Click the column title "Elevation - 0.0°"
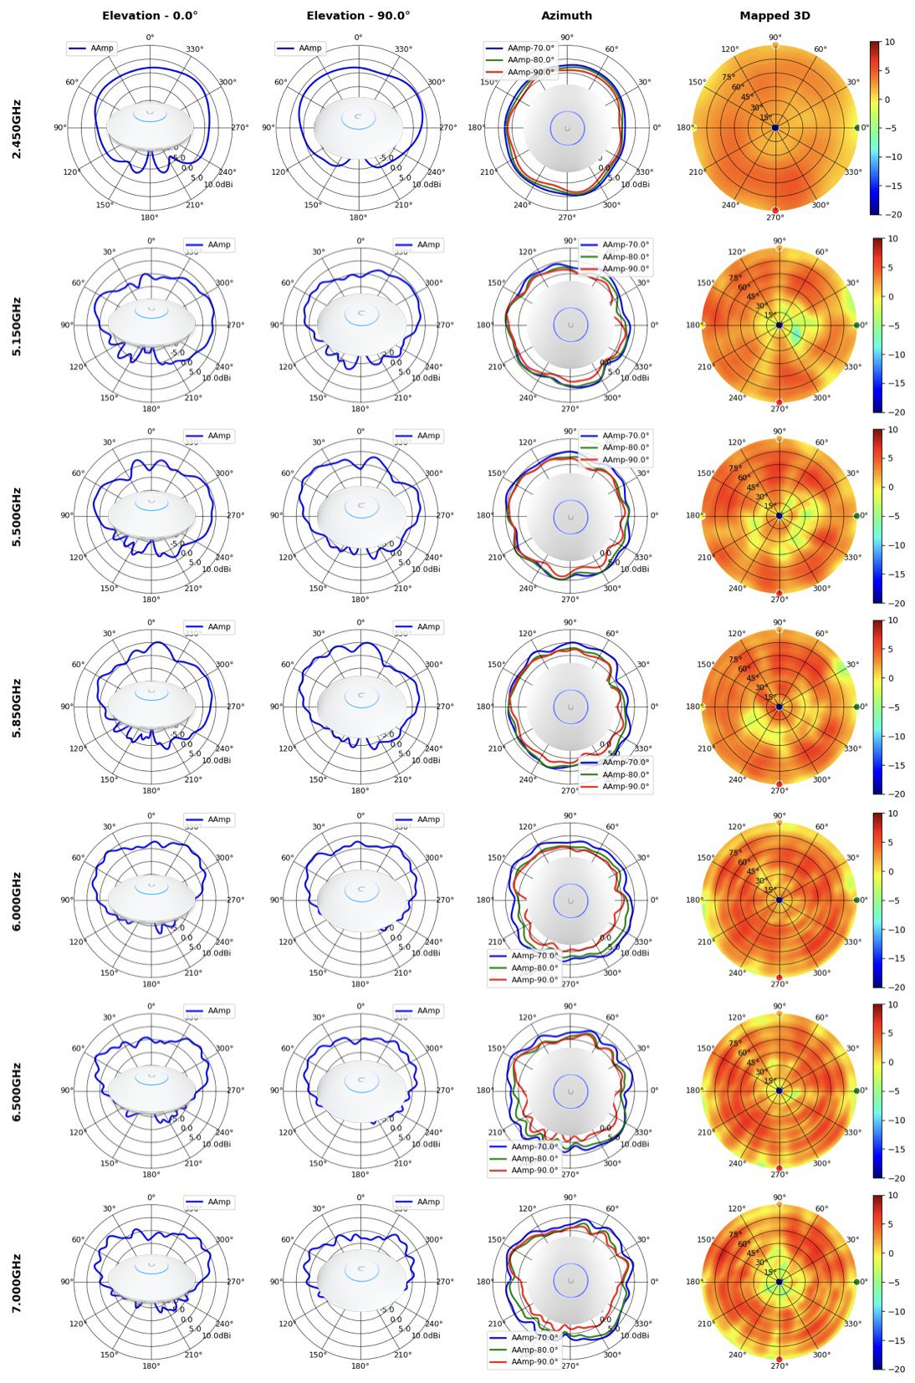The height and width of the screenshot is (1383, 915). (150, 15)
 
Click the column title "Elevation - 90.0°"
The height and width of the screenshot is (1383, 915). (358, 15)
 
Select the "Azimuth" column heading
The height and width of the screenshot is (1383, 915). (566, 15)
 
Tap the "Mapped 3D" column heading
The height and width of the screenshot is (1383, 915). (774, 15)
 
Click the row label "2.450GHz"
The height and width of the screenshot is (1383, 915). (17, 129)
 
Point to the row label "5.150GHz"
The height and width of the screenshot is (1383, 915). (17, 326)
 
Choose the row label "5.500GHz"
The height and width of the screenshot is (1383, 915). (17, 517)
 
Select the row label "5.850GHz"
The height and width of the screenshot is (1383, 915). (17, 707)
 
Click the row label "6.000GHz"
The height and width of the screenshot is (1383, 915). (17, 901)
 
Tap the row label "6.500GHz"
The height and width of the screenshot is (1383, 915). (17, 1091)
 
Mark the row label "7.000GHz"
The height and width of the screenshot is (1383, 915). (17, 1282)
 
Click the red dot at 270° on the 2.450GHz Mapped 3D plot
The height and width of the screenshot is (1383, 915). (775, 210)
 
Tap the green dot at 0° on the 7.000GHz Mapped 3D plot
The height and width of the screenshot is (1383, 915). (856, 1281)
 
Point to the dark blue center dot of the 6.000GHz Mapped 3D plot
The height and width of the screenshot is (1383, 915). (779, 900)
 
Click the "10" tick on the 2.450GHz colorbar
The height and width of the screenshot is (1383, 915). (889, 42)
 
